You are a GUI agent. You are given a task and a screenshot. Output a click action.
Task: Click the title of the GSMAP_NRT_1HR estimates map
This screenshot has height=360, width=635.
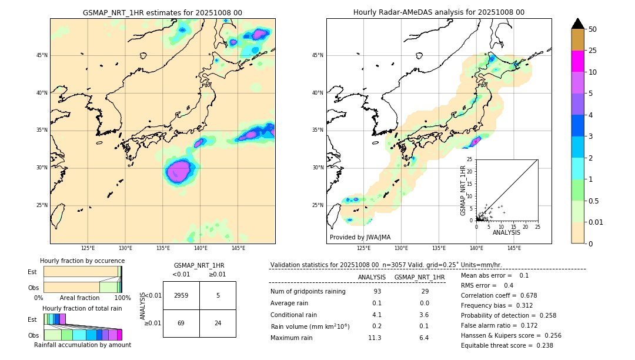point(162,12)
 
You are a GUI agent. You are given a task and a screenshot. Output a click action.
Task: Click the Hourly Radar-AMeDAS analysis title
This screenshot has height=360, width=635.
point(439,12)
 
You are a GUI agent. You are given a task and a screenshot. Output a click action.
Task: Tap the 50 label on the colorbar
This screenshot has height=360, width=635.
point(593,29)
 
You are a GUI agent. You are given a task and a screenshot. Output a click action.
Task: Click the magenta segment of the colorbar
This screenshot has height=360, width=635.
point(577,61)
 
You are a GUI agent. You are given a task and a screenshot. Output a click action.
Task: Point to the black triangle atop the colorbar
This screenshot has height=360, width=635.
point(577,24)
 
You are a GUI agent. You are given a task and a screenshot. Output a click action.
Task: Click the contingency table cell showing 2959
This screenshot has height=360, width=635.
point(181,295)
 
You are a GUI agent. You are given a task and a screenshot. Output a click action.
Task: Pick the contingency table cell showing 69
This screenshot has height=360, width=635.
point(181,323)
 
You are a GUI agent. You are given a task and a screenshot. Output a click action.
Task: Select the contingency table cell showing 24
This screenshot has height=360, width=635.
point(218,323)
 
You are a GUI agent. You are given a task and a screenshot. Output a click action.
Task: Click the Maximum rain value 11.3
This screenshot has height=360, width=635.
point(375,338)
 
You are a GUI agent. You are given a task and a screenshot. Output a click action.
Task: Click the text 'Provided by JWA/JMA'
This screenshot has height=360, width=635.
point(360,238)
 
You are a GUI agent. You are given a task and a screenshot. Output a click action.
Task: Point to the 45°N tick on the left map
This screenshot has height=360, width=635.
point(42,55)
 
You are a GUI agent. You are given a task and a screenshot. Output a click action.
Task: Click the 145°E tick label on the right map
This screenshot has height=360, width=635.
point(514,248)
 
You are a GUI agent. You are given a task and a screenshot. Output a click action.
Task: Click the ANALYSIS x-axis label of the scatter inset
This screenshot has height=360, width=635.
point(506,232)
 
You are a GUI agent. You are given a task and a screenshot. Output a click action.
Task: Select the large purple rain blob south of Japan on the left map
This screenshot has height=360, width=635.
point(178,171)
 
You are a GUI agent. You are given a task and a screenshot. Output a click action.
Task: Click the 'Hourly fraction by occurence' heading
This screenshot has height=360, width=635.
point(82,261)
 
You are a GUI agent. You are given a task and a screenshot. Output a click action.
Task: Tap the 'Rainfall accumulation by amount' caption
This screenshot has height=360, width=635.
point(82,345)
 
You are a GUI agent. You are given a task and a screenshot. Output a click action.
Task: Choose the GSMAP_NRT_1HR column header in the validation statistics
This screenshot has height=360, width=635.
point(419,277)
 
